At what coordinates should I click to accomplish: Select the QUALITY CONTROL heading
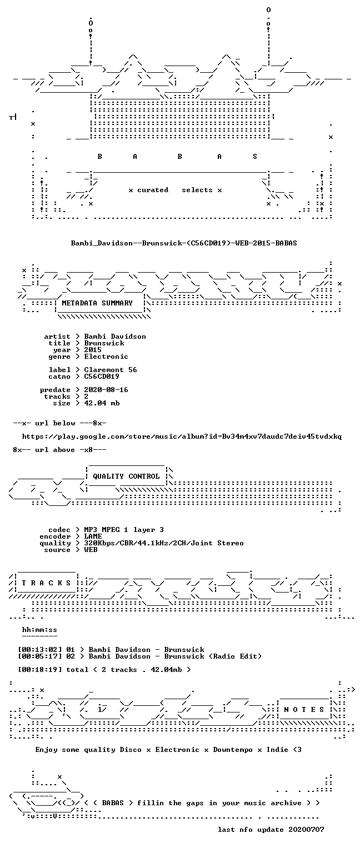126,476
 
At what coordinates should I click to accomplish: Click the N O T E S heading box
304,709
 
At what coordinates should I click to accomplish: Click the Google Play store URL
182,436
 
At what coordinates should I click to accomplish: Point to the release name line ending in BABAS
184,243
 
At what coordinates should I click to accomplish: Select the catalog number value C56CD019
102,376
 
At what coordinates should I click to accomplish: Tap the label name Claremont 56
111,370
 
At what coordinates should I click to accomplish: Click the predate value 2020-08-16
106,389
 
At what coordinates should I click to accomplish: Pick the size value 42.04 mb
102,403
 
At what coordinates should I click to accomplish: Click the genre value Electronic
106,357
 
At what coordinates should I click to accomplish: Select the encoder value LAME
93,536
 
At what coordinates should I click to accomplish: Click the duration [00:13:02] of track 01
40,650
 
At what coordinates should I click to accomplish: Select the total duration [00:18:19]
40,669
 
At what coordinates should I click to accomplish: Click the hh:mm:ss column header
39,630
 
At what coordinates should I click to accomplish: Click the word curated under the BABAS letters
153,190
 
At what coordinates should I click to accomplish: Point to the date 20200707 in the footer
306,829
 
